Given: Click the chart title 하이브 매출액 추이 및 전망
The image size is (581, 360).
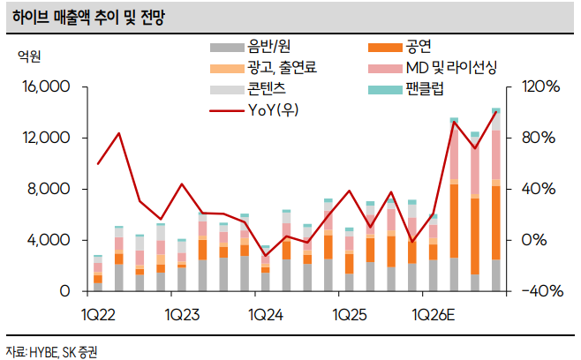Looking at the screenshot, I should click(x=87, y=17).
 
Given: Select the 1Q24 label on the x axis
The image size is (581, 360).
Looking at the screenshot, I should click(x=266, y=314).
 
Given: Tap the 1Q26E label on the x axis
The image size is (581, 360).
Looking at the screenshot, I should click(x=435, y=314).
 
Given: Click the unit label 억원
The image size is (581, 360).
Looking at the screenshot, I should click(x=30, y=56).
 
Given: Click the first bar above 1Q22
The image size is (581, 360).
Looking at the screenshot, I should click(x=98, y=274).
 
